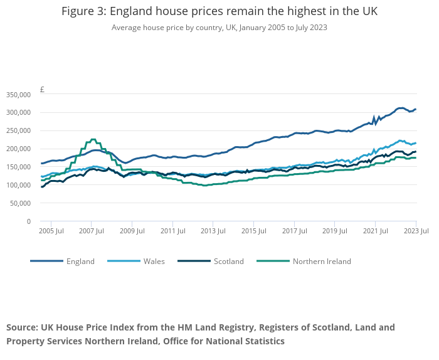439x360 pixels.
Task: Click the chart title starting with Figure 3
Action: [219, 12]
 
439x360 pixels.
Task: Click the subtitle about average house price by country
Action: [219, 28]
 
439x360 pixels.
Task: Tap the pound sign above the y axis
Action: [42, 89]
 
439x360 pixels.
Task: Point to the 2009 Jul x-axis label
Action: [131, 231]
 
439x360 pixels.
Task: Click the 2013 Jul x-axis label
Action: [212, 231]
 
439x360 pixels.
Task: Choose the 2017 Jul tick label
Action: [293, 231]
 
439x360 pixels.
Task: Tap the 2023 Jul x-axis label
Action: [415, 231]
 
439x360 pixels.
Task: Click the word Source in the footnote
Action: [22, 327]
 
